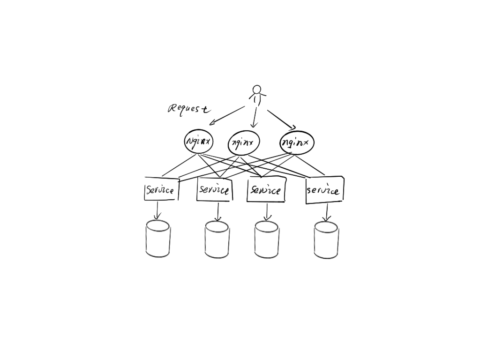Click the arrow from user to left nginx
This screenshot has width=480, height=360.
[x=227, y=115]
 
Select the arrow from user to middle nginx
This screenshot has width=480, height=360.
[x=255, y=117]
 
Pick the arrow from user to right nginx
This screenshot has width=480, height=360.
[x=282, y=120]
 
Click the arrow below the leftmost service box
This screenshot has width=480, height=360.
[x=157, y=210]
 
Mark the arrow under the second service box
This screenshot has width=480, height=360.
[x=217, y=211]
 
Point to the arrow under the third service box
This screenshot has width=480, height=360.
[x=267, y=212]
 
